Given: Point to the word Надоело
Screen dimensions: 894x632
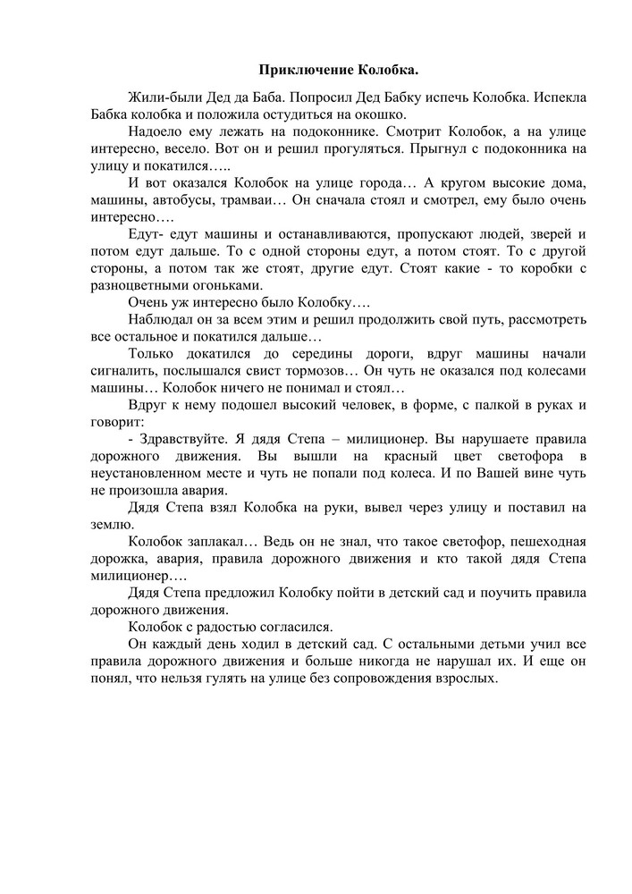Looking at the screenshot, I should (160, 131).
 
